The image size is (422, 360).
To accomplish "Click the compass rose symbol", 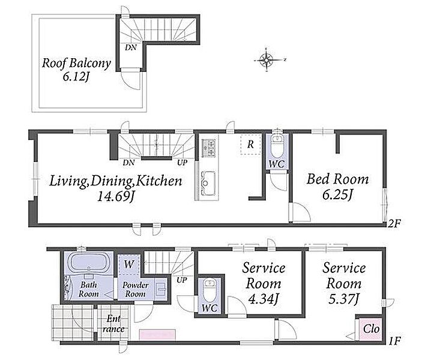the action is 267,60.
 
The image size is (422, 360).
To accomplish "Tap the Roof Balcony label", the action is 76,63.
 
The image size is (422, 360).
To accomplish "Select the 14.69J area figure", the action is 115,196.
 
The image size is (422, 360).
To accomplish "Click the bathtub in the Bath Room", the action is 89,263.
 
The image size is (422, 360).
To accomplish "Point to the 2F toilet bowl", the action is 277,146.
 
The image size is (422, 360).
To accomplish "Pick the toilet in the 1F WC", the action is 209,292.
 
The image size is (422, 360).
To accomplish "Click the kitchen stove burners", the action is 209,148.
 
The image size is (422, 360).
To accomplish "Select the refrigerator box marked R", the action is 250,145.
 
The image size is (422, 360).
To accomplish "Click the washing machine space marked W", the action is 129,264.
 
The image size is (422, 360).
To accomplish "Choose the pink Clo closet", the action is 371,329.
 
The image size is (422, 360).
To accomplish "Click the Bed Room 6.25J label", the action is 337,187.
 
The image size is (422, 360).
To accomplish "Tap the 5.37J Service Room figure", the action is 344,299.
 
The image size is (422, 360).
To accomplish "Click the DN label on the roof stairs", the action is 130,47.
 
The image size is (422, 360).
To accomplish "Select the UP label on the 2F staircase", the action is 182,163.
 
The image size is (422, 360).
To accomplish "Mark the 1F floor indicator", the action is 395,341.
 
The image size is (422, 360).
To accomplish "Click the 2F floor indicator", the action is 395,223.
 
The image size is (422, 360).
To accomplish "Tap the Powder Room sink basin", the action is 161,290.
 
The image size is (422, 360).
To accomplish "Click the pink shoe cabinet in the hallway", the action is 157,335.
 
